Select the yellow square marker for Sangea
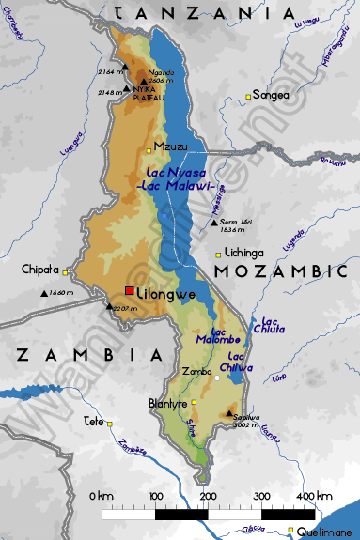[x=249, y=96]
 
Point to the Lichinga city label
[x=243, y=253]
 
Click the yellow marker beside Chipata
[x=67, y=272]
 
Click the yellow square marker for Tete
[x=110, y=424]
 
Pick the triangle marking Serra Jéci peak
[x=213, y=223]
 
